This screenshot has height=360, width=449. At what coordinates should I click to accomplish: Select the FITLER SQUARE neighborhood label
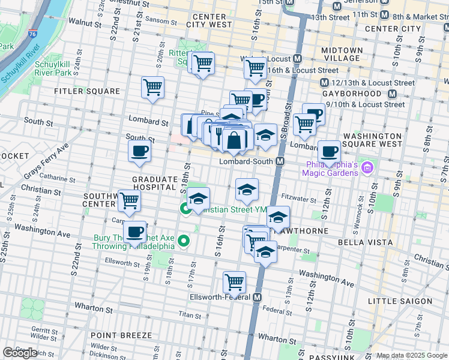pos(87,91)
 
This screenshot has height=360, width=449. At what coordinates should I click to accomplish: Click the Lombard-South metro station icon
pos(280,162)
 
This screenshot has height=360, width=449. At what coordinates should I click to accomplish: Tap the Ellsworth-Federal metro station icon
pos(258,297)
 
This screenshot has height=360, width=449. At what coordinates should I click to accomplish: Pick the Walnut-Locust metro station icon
pos(297,59)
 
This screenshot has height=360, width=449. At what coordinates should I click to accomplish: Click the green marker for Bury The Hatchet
pos(185,242)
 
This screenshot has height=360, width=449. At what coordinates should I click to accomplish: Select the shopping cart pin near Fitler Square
pos(152,88)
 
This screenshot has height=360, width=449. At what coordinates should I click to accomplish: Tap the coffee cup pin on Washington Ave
pos(134,232)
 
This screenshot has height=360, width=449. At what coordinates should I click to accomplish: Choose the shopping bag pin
pos(234,141)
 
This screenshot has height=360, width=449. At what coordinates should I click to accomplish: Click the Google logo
pos(20,352)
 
